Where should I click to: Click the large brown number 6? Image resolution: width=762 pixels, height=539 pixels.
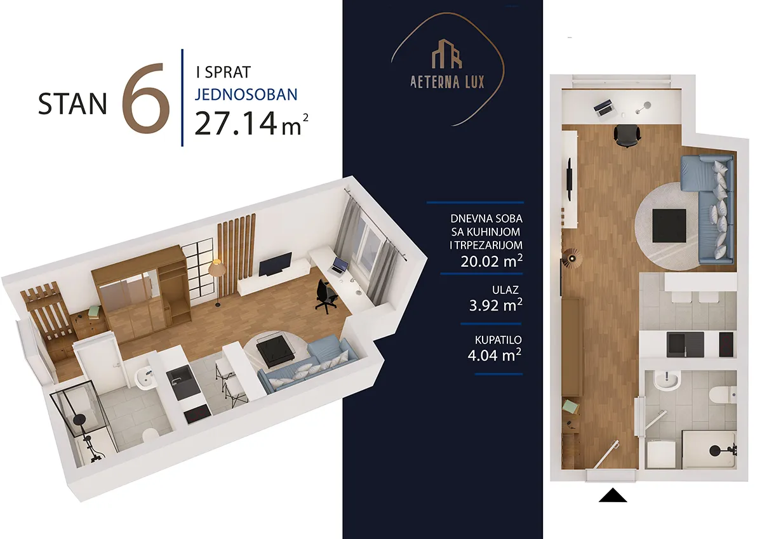(x=146, y=98)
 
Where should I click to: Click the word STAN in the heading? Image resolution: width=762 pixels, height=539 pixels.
(x=72, y=103)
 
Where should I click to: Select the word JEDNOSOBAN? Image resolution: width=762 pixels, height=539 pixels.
(x=246, y=95)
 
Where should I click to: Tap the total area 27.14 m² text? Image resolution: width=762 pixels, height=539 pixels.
(x=251, y=123)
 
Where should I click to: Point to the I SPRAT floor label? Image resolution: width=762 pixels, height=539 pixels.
(x=223, y=72)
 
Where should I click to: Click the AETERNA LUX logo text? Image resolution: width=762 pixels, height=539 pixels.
(x=447, y=83)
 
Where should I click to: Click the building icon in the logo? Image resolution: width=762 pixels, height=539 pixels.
(x=447, y=54)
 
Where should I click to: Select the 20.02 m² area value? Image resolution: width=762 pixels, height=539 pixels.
(x=491, y=261)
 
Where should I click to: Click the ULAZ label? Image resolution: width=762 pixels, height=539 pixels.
(x=505, y=289)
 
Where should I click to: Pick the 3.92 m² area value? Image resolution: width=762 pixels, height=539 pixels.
(x=496, y=305)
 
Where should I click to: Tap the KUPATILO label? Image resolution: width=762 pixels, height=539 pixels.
(x=498, y=340)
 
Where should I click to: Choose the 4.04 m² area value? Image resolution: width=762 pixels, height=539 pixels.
(x=494, y=355)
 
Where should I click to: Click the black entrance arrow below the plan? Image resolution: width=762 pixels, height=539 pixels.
(x=613, y=495)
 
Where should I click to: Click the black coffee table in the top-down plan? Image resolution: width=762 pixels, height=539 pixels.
(x=669, y=226)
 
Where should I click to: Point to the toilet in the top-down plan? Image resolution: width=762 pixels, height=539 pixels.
(x=722, y=394)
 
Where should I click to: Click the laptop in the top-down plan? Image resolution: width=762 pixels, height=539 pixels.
(x=605, y=108)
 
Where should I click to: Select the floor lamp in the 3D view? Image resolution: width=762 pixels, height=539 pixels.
(x=217, y=283)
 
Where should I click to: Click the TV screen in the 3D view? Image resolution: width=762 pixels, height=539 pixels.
(x=275, y=264)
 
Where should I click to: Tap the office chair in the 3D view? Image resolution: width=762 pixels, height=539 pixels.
(x=326, y=296)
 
